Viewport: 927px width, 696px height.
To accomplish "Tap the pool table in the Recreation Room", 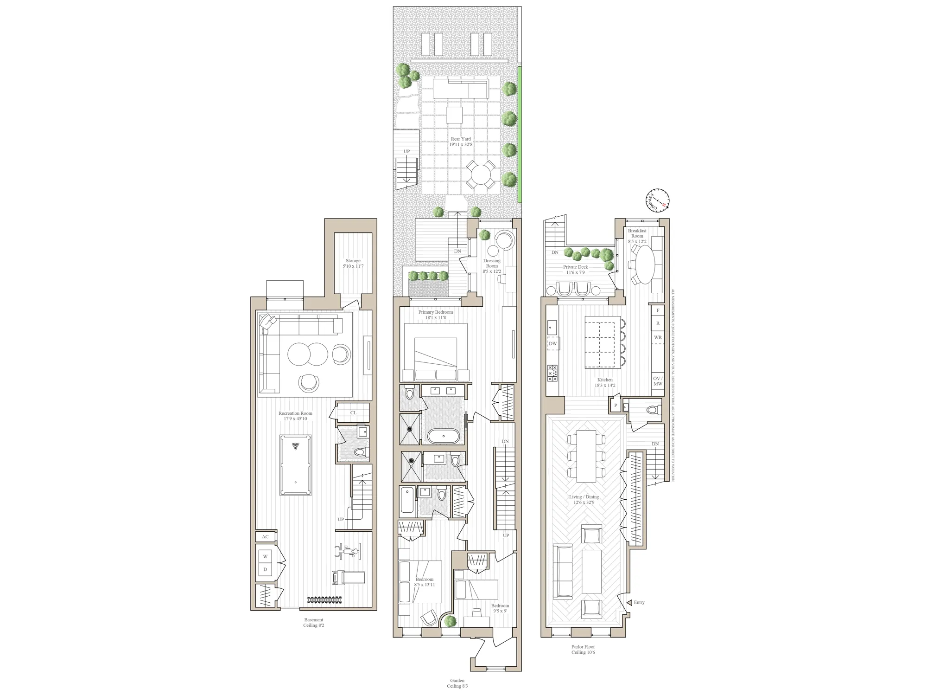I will pos(295,465).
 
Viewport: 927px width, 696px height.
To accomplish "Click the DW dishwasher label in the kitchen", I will pos(553,344).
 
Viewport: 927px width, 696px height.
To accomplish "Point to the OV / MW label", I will pos(658,381).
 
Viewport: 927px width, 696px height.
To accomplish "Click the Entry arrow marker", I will pos(629,602).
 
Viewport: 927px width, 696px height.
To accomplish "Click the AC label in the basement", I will pos(265,537).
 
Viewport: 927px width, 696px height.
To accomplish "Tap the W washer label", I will pos(266,556).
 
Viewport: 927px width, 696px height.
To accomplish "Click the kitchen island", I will pos(602,342).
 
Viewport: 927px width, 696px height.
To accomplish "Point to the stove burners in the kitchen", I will pos(552,373).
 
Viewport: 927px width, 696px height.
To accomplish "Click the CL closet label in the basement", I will pos(353,412).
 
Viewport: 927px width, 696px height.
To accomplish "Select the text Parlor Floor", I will pos(583,646).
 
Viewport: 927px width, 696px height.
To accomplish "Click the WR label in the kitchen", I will pos(658,337).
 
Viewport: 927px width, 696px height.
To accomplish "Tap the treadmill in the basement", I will pos(349,578).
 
